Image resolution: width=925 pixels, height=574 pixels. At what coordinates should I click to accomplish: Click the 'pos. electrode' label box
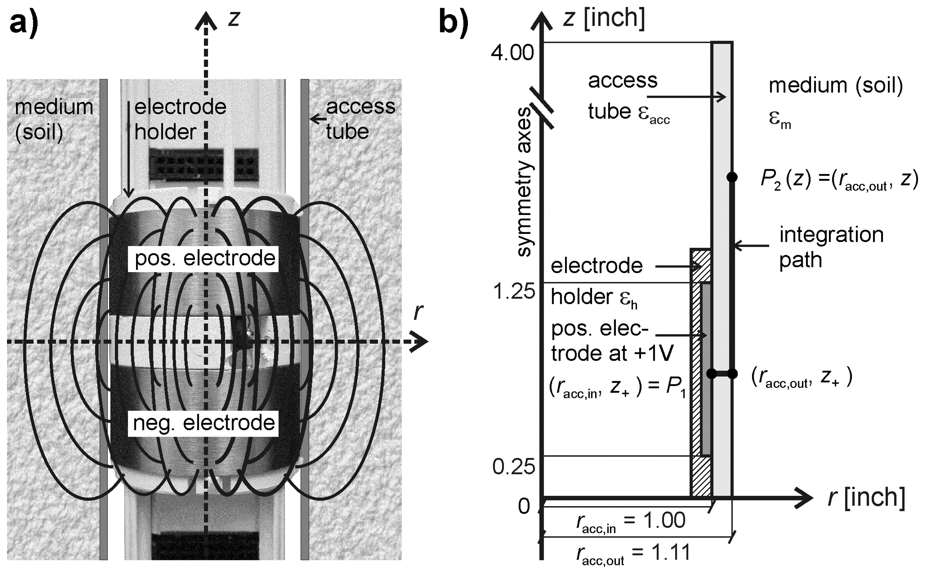205,259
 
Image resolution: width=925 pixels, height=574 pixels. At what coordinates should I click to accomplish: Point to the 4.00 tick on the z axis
512,52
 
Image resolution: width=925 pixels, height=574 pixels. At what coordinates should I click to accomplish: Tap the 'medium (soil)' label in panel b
836,86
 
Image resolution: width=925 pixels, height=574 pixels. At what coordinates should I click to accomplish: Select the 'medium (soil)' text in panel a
54,119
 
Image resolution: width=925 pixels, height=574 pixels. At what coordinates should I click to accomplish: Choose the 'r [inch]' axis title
866,497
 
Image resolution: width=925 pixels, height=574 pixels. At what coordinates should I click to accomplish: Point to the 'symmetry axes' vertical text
525,182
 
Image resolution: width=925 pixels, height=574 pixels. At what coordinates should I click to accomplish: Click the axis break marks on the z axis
541,108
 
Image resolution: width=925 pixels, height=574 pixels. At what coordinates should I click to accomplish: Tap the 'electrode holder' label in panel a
180,119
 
